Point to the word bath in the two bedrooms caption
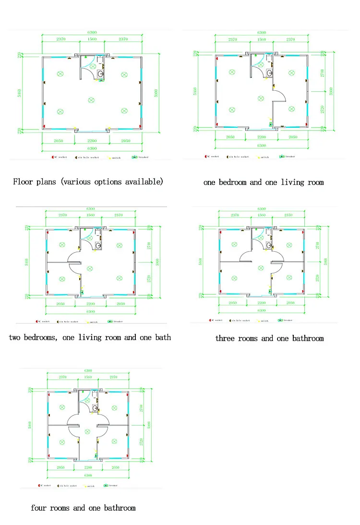(x=162, y=337)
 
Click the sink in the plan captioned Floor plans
(x=101, y=73)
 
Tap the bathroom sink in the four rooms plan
(x=95, y=408)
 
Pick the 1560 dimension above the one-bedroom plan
(x=262, y=39)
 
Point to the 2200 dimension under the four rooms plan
(x=88, y=467)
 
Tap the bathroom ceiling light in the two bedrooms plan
(x=85, y=230)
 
